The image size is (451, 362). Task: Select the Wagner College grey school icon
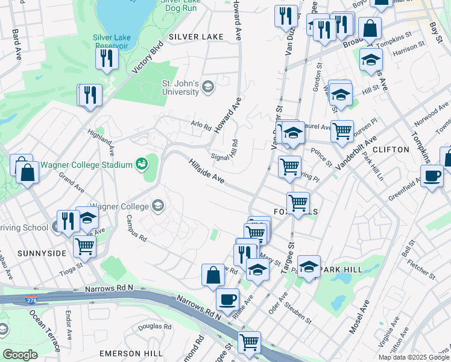coord(158,206)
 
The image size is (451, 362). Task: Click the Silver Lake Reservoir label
coord(111,41)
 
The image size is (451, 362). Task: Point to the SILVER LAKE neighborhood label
coord(196,37)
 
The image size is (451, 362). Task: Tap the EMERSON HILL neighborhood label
coord(131,353)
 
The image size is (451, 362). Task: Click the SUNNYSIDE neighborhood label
coord(42,253)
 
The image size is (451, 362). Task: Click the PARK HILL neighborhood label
coord(340,268)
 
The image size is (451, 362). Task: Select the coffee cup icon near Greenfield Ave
coord(432,176)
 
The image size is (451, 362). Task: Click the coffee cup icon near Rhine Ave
coord(227,299)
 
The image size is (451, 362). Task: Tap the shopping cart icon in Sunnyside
coord(85,245)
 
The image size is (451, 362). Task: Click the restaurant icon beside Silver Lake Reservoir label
coord(106,58)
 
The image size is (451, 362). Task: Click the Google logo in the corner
coord(20,354)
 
